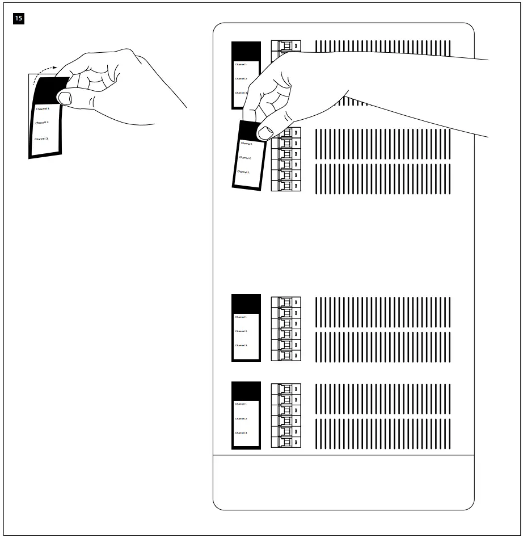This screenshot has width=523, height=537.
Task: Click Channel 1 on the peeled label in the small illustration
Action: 43,108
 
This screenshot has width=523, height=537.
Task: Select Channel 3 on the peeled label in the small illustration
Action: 41,139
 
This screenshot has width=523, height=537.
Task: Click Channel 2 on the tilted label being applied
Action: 245,158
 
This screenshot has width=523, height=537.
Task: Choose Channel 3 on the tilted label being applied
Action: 244,171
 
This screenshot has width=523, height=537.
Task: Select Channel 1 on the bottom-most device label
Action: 241,404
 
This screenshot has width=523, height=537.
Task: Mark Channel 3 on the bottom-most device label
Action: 241,433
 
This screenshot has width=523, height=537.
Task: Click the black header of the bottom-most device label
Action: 246,391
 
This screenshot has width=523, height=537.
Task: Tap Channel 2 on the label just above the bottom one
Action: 241,331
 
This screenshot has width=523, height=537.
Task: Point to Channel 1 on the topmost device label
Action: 241,65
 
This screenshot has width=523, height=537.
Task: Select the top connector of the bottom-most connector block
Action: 286,389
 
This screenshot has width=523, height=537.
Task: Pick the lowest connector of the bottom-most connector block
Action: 286,442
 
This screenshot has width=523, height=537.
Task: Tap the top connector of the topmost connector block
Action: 286,46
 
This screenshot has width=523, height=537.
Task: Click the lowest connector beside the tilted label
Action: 286,186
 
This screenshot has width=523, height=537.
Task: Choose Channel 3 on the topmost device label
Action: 241,93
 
